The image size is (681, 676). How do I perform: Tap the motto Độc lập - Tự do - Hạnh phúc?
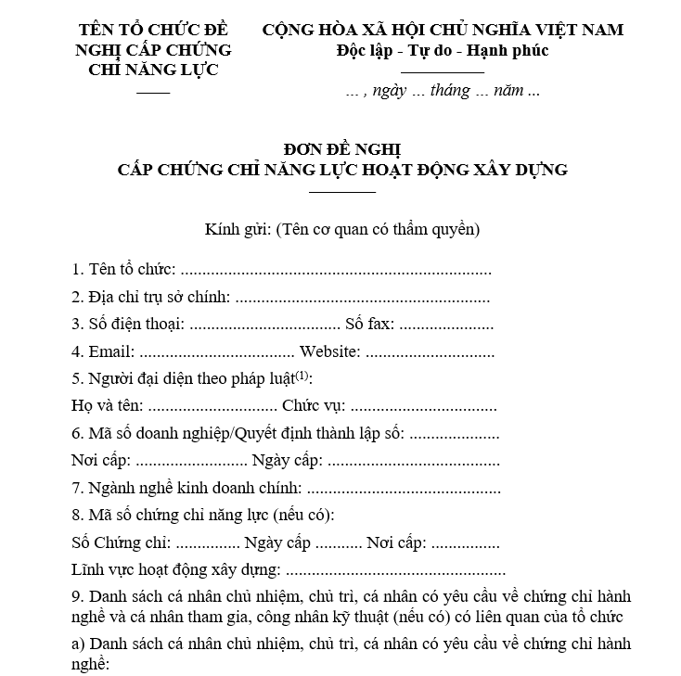[443, 50]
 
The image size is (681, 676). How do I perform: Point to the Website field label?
[328, 352]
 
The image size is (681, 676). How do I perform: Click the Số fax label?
[369, 325]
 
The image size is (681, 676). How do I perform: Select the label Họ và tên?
[107, 406]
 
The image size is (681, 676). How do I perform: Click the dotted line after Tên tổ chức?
[335, 272]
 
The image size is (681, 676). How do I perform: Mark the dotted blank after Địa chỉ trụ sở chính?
[363, 299]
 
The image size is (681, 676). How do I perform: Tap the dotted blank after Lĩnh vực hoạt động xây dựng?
[395, 570]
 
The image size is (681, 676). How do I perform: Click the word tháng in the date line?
[449, 91]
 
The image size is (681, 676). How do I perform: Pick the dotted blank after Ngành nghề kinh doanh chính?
[403, 488]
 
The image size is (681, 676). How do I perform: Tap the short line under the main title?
[341, 192]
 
